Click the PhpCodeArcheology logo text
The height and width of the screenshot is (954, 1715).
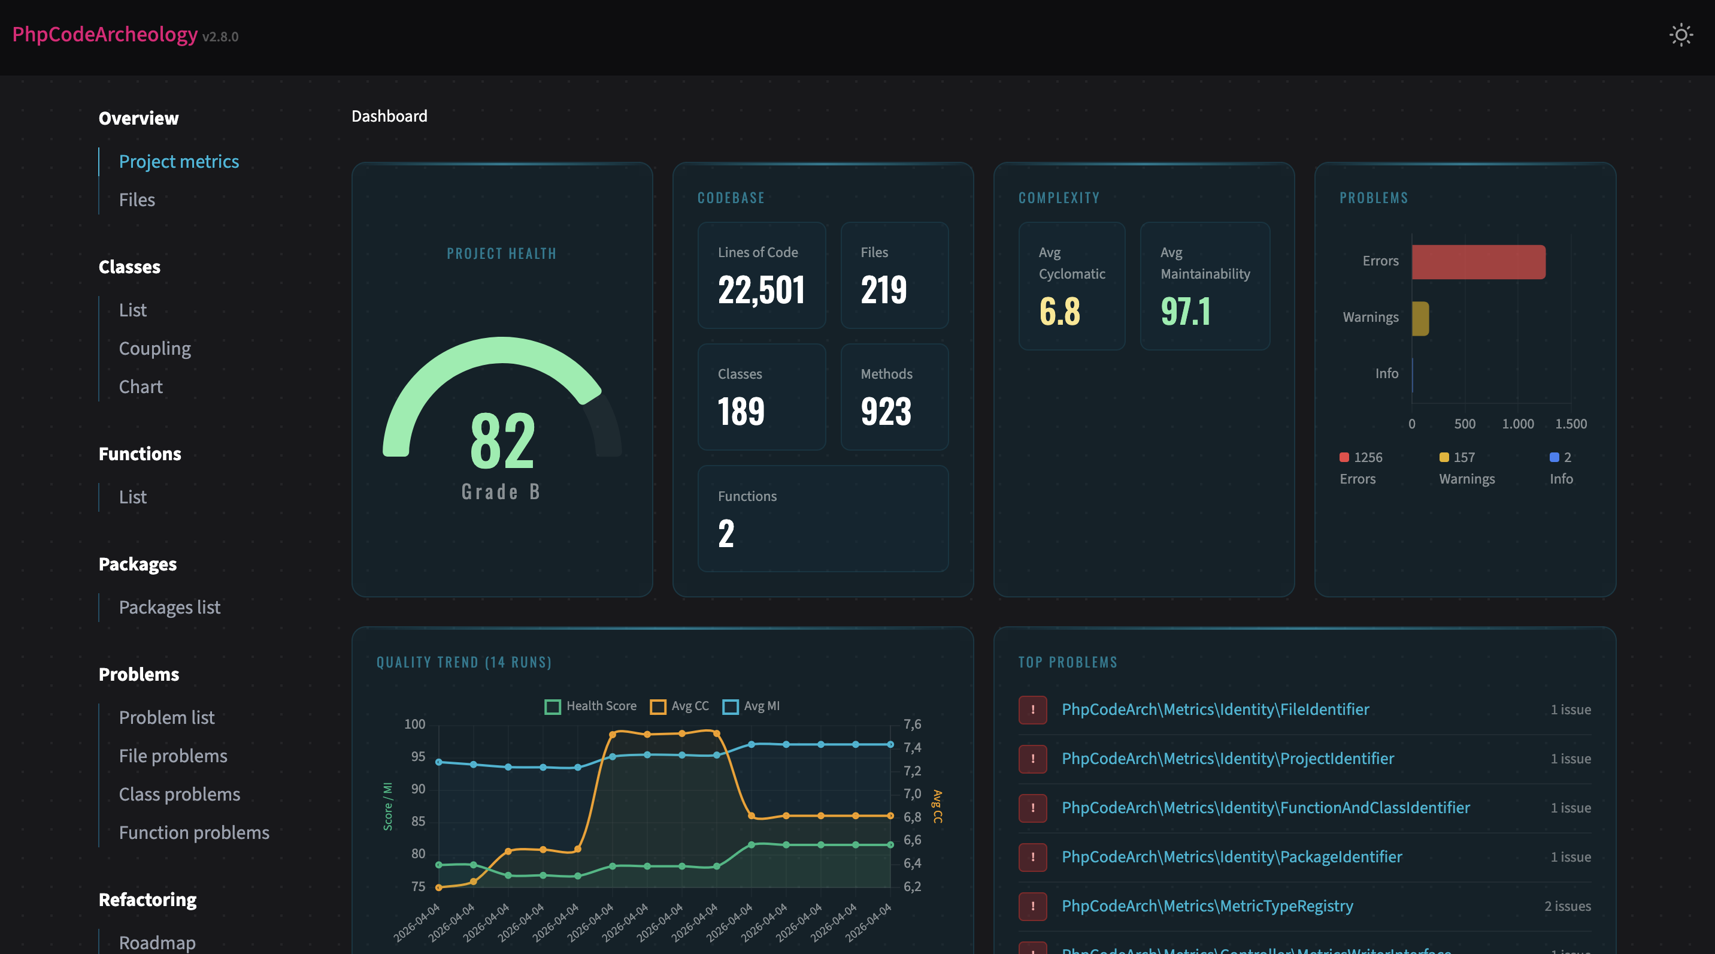tap(105, 35)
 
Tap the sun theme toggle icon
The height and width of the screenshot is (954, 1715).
tap(1680, 35)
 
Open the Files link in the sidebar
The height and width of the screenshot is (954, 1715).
tap(137, 200)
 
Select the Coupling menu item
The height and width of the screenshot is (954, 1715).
tap(154, 348)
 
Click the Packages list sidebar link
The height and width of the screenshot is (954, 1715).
tap(169, 608)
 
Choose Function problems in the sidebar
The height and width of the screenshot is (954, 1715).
tap(194, 833)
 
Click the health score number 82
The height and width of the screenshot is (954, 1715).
tap(502, 441)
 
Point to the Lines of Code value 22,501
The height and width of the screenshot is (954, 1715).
tap(761, 291)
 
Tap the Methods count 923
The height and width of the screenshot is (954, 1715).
tap(886, 412)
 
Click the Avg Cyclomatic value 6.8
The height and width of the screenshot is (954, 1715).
tap(1059, 312)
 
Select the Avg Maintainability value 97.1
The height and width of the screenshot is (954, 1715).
tap(1185, 312)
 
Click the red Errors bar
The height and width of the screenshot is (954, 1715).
tap(1478, 262)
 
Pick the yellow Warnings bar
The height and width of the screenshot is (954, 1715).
tap(1420, 318)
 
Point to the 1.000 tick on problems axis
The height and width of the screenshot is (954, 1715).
tap(1517, 424)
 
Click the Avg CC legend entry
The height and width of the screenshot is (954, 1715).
tap(680, 706)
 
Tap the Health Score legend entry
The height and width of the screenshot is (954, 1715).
tap(590, 706)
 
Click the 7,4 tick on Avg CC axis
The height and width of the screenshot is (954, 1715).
tap(912, 748)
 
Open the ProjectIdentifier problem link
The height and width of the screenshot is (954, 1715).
tap(1227, 759)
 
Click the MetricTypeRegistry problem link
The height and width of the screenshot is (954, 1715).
tap(1207, 906)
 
